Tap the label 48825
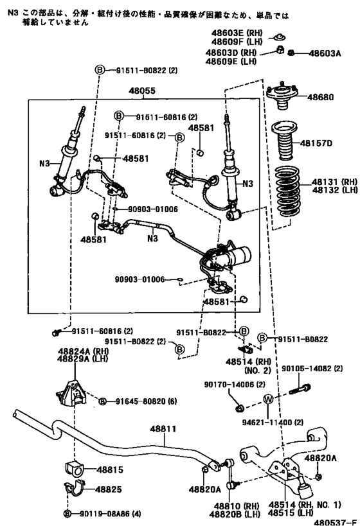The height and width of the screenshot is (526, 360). click(x=109, y=489)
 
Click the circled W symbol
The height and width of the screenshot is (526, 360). click(x=268, y=401)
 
